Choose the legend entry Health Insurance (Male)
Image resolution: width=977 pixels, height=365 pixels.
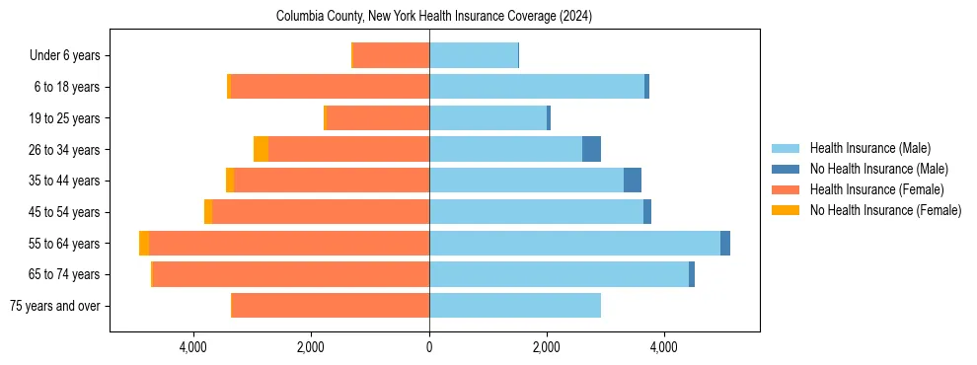point(868,148)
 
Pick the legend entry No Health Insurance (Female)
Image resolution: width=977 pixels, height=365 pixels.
point(885,210)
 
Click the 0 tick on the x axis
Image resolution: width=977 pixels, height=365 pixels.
point(429,347)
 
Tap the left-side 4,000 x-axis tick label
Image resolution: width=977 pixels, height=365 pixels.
point(192,347)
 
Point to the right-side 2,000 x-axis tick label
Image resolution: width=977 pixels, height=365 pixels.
point(546,347)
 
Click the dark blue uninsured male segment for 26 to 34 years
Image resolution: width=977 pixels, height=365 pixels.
point(591,149)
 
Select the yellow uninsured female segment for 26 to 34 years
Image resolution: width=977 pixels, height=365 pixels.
point(261,149)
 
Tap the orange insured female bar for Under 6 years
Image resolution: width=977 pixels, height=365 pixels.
point(391,56)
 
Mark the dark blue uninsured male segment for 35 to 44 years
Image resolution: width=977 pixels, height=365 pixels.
point(633,181)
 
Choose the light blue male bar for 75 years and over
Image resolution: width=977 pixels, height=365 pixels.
point(514,306)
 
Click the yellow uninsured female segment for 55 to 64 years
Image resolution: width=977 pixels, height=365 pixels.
point(144,243)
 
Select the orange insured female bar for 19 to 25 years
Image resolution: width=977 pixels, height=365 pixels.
point(377,118)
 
